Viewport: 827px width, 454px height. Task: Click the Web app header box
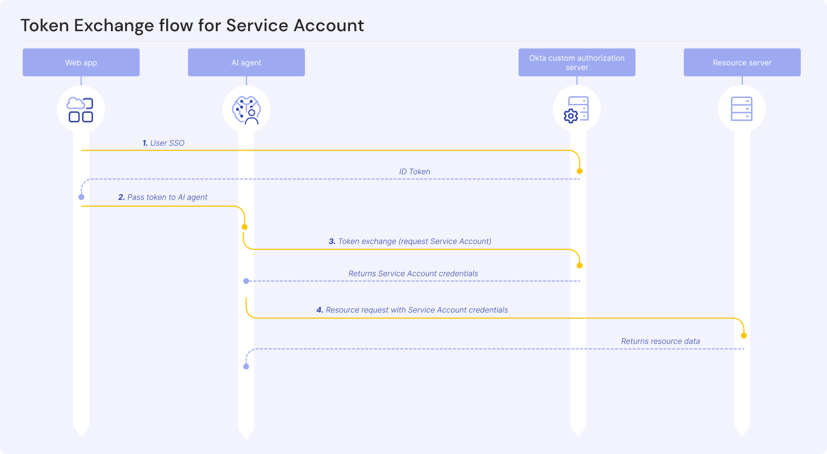pyautogui.click(x=81, y=62)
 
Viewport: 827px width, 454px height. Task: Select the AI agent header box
pyautogui.click(x=246, y=62)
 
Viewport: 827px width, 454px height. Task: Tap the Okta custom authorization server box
pyautogui.click(x=577, y=62)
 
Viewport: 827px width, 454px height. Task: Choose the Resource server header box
pyautogui.click(x=742, y=62)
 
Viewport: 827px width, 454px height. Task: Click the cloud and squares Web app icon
pyautogui.click(x=80, y=109)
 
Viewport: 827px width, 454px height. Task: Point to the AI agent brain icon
pyautogui.click(x=246, y=109)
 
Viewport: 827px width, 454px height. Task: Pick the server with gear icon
pyautogui.click(x=577, y=109)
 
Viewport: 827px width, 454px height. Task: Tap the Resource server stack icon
pyautogui.click(x=742, y=109)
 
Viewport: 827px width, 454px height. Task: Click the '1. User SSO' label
pyautogui.click(x=163, y=143)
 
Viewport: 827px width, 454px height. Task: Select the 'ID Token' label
pyautogui.click(x=414, y=171)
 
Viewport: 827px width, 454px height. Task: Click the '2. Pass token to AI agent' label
pyautogui.click(x=163, y=197)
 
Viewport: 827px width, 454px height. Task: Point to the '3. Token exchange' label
pyautogui.click(x=410, y=241)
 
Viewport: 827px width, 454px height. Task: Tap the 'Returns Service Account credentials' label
pyautogui.click(x=413, y=273)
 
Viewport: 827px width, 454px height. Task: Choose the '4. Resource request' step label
pyautogui.click(x=412, y=310)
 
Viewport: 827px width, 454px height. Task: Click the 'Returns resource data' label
pyautogui.click(x=660, y=341)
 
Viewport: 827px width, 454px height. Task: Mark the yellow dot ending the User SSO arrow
pyautogui.click(x=579, y=171)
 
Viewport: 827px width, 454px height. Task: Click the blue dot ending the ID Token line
pyautogui.click(x=81, y=197)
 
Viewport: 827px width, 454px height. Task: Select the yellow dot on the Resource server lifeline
pyautogui.click(x=744, y=335)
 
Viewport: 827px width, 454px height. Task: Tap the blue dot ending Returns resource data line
pyautogui.click(x=246, y=366)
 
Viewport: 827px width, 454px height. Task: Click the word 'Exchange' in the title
pyautogui.click(x=113, y=26)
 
